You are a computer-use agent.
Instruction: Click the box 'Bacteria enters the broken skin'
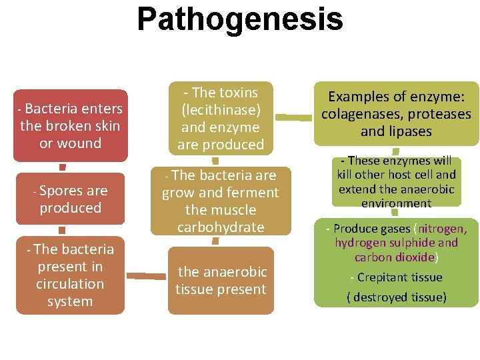point(70,125)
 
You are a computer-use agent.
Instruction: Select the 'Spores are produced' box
point(70,199)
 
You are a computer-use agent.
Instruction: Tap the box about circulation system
point(70,275)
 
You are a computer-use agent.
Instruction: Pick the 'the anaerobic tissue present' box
point(221,281)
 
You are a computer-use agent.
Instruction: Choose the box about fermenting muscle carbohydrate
point(221,201)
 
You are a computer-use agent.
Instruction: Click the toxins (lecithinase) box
point(221,118)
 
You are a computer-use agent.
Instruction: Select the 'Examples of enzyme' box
point(396,114)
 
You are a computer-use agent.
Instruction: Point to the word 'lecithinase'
point(221,109)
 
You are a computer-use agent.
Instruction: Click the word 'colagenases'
point(354,114)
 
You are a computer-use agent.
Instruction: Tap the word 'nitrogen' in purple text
point(441,229)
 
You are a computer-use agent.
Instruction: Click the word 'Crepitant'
point(381,277)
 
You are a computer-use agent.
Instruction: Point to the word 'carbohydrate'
point(221,227)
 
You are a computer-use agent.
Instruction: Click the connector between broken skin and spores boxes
point(62,167)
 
